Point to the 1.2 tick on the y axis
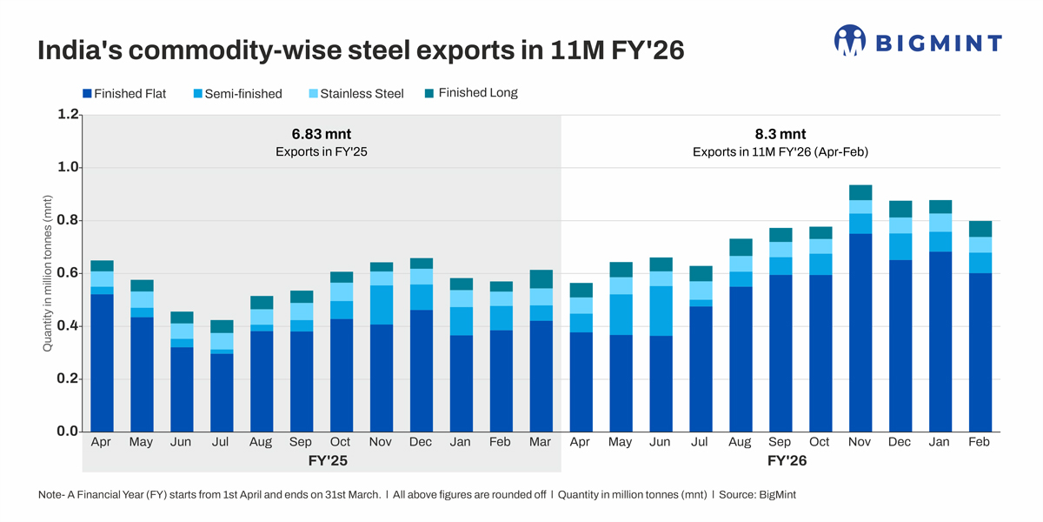68,114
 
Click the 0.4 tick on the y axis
68,326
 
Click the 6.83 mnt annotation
322,134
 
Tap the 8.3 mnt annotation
781,134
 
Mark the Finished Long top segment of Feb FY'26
980,229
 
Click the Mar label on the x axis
541,442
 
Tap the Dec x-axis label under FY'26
900,442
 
